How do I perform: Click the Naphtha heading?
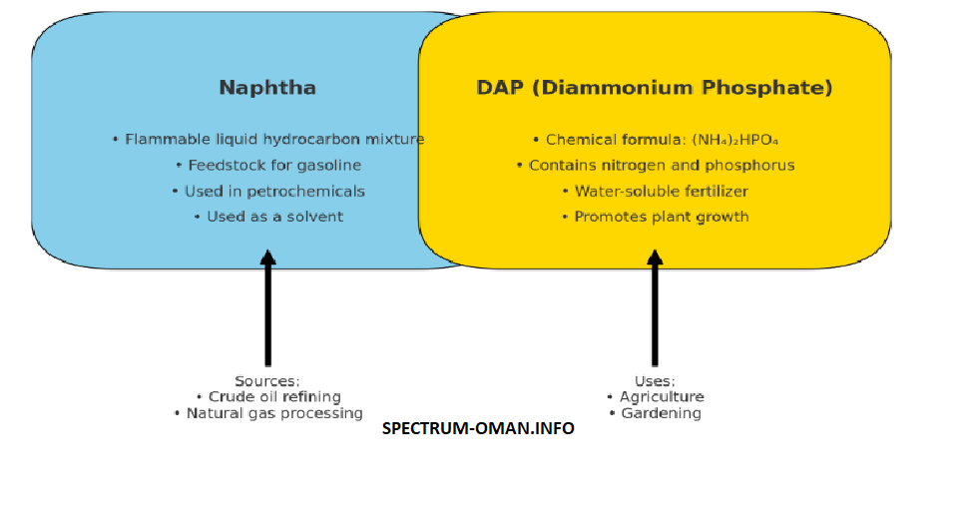267,88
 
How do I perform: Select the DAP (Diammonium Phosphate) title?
655,88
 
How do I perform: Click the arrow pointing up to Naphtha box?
267,309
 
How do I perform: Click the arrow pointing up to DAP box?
655,309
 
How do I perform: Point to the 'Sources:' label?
267,381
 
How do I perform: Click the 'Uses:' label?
655,381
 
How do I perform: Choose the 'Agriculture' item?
661,397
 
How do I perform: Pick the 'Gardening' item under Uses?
661,413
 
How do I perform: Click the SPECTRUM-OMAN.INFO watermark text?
478,428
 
